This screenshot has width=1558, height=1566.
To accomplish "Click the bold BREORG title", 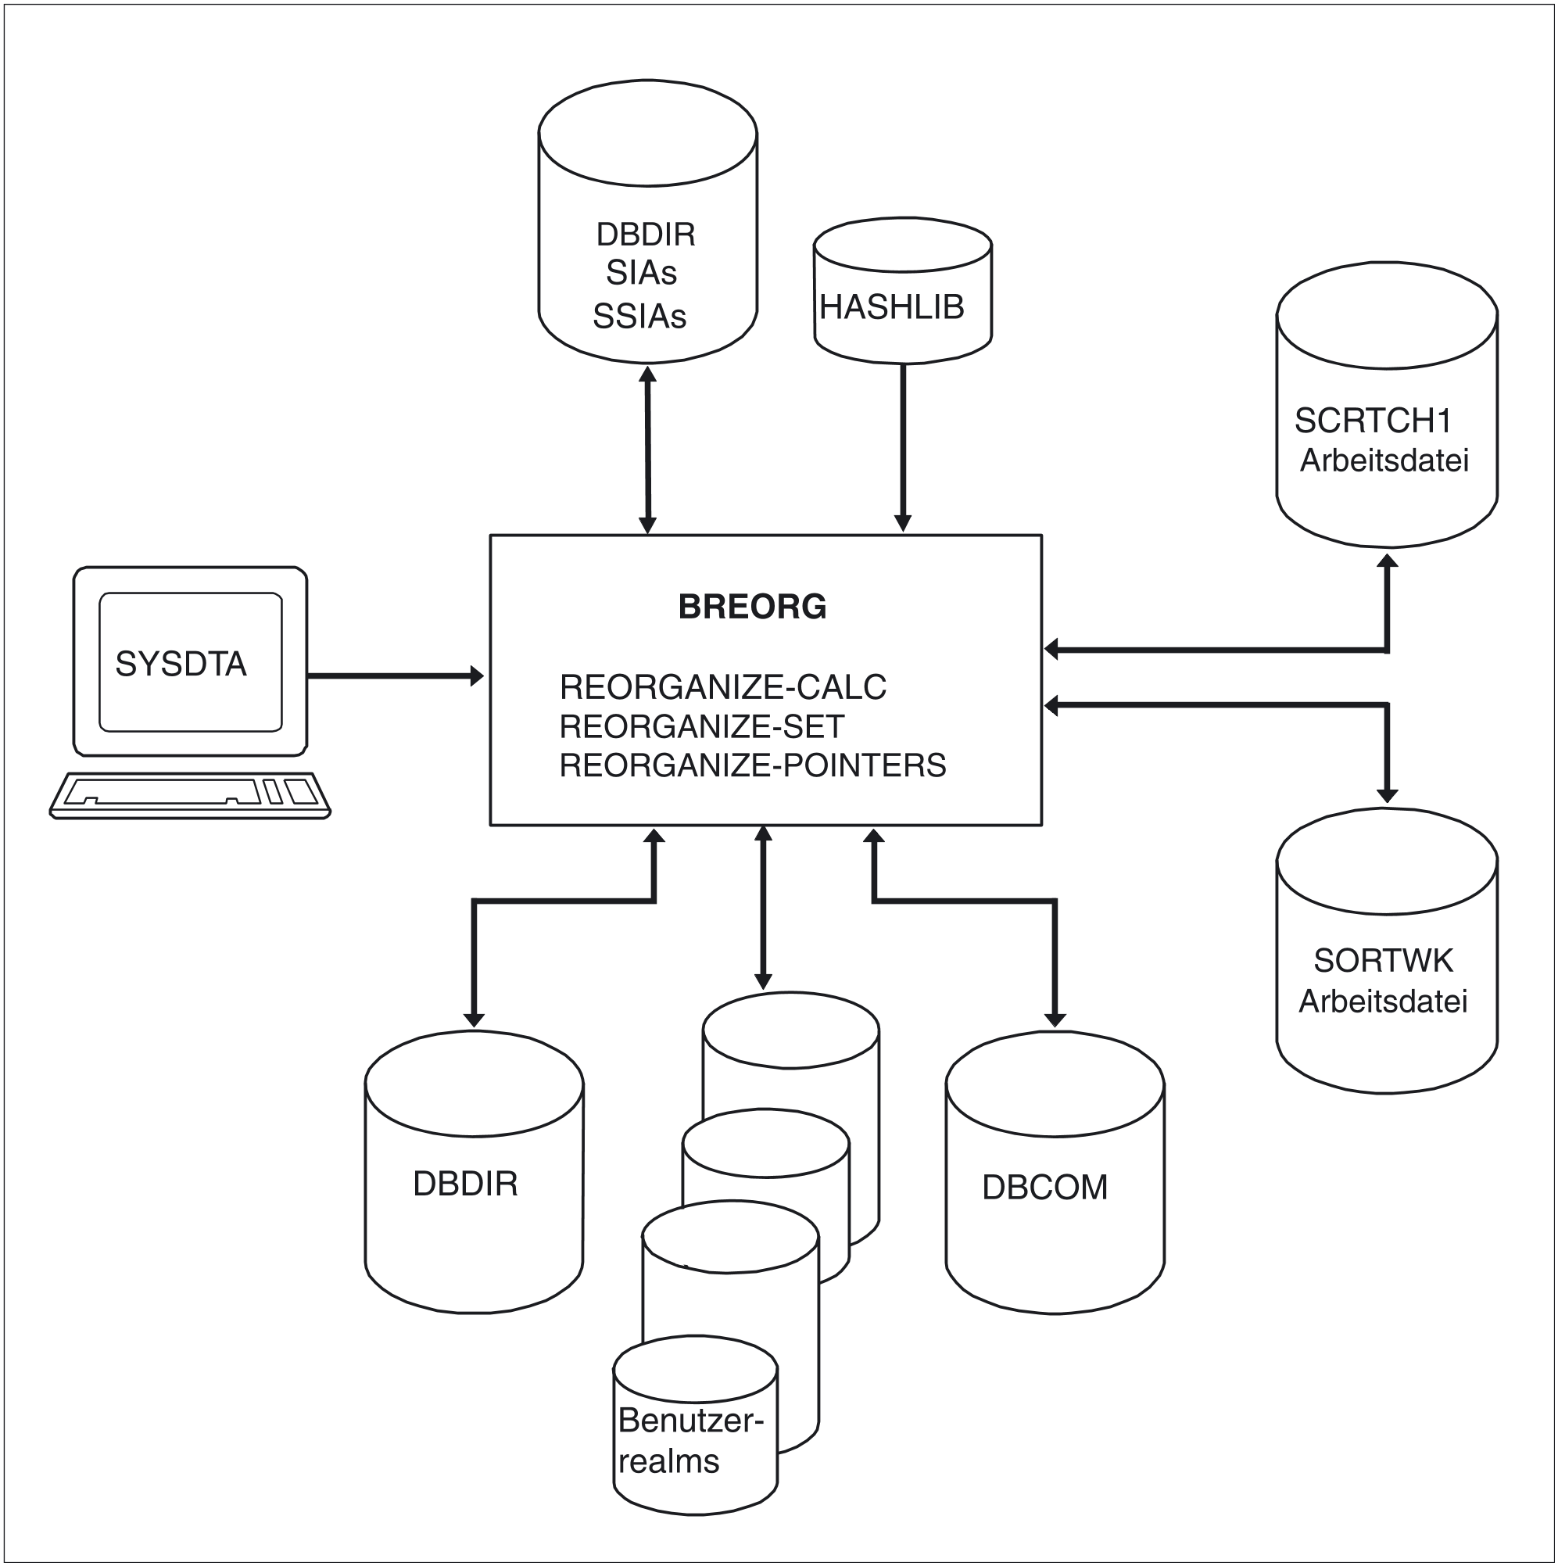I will coord(751,607).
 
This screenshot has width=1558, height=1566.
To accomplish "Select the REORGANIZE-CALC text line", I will coord(722,687).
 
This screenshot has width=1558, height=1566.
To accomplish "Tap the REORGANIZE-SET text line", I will coord(701,727).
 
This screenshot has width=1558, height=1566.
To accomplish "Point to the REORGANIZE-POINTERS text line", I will coord(752,766).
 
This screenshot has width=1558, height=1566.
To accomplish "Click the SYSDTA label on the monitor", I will coord(181,665).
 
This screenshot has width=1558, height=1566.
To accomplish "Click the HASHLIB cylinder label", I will coord(892,307).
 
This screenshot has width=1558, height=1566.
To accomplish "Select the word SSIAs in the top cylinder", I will coord(639,317).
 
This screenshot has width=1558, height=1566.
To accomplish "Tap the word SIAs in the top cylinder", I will coord(641,273).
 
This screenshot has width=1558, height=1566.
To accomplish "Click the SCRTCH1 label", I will coord(1373,421).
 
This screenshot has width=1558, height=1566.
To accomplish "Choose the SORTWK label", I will coord(1383,961).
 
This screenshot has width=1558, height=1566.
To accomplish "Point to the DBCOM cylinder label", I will coord(1044,1188).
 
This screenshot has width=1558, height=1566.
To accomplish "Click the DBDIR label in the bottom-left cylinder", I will coord(465,1184).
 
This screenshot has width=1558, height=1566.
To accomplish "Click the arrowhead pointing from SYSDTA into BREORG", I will coord(478,675).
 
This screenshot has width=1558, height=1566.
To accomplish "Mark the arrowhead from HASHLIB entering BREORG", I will coord(902,524).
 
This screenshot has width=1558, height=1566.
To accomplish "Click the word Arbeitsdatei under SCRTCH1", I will coord(1384,460).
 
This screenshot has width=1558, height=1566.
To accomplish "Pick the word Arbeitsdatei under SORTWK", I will coord(1383,1002).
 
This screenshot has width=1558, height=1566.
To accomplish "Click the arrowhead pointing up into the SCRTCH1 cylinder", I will coord(1387,561).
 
